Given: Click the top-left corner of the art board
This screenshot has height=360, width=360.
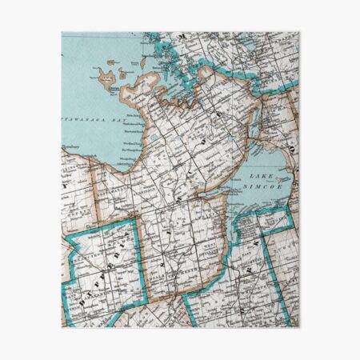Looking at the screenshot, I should click(x=62, y=33).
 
